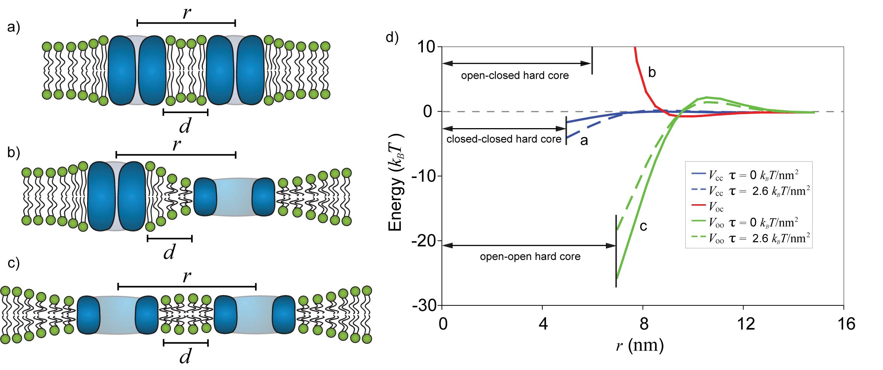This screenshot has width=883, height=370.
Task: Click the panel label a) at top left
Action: (x=14, y=27)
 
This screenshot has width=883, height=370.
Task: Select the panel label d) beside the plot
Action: (x=392, y=37)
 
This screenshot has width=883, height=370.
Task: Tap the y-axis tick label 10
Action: (x=426, y=47)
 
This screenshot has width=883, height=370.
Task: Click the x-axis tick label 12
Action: (x=745, y=324)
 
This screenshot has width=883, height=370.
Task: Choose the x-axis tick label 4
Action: (x=543, y=324)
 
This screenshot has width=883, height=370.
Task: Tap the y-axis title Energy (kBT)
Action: (x=396, y=183)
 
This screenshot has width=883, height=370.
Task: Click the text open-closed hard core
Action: (x=515, y=76)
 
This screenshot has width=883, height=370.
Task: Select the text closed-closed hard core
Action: (x=504, y=139)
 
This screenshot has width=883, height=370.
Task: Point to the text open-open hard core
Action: (x=530, y=257)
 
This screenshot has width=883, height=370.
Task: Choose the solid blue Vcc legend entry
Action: (x=753, y=175)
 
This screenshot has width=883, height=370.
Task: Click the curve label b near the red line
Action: (x=652, y=72)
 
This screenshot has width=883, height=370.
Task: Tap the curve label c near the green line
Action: (x=643, y=226)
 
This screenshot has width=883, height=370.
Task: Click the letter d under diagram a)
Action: (x=185, y=126)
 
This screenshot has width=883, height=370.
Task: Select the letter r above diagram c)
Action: (x=187, y=277)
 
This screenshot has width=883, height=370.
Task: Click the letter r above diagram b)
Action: (x=177, y=144)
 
